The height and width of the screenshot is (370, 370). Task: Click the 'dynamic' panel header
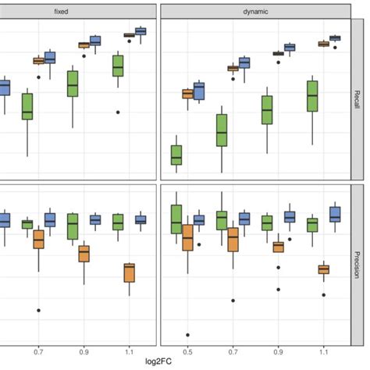[x=254, y=12]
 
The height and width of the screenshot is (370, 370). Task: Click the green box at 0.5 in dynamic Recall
[x=176, y=155]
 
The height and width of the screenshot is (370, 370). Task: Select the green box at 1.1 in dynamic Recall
[x=312, y=98]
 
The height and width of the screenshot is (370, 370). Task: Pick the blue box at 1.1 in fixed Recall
[x=141, y=31]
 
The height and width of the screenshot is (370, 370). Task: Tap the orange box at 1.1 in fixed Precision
[x=130, y=272]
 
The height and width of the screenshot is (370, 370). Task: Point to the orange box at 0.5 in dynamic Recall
[x=187, y=94]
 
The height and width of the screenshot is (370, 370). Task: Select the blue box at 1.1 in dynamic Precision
[x=335, y=214]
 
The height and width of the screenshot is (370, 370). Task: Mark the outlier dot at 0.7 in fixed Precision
[x=39, y=310]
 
